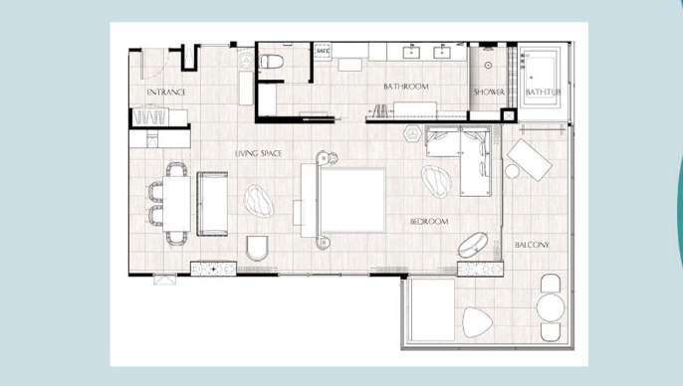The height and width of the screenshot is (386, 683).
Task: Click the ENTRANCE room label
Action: (x=166, y=93)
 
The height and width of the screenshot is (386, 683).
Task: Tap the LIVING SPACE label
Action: (x=258, y=153)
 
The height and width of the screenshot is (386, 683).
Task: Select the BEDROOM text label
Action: (x=429, y=222)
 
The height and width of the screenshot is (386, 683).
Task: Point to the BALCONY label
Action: (x=532, y=245)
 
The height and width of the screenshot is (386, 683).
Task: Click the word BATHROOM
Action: (x=406, y=87)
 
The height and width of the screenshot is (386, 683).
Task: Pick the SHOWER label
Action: (x=489, y=92)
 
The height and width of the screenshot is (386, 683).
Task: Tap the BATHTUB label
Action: (x=543, y=93)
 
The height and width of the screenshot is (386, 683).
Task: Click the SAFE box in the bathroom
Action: (x=323, y=52)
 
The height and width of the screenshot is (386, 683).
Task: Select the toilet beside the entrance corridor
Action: (x=271, y=62)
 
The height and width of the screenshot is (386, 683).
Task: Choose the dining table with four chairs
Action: (x=176, y=203)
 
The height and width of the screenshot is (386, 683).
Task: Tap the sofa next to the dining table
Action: (x=213, y=204)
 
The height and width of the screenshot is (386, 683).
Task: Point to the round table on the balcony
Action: (x=551, y=307)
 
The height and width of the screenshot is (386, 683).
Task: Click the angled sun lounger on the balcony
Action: (x=530, y=160)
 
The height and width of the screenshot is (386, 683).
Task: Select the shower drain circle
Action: (x=488, y=66)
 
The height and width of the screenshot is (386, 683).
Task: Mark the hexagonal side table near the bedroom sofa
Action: (x=411, y=132)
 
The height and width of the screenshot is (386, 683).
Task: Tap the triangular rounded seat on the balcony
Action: (x=477, y=322)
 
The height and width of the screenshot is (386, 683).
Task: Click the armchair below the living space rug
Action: (x=258, y=248)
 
